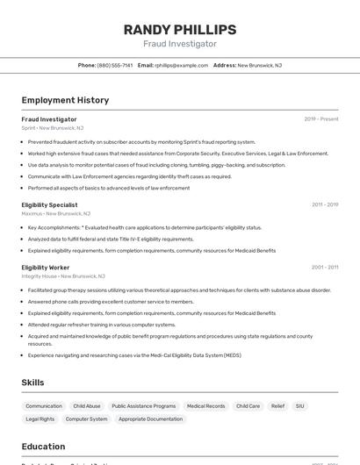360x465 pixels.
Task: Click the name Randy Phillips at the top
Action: coord(180,30)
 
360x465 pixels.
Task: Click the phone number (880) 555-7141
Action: coord(115,65)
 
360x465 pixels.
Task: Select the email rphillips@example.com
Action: coord(182,65)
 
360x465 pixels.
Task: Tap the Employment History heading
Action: coord(65,100)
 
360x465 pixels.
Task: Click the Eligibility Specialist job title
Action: coord(49,204)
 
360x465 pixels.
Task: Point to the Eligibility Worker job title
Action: coord(46,267)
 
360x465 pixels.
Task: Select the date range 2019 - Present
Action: coord(321,119)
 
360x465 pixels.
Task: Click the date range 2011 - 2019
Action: coord(325,204)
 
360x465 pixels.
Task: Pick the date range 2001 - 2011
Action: coord(325,267)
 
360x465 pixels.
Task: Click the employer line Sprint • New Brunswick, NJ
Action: coord(53,128)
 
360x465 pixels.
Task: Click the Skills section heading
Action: coord(32,383)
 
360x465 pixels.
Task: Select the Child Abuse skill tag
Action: coord(87,406)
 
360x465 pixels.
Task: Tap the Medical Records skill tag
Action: coord(205,406)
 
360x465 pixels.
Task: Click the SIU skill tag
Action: coord(300,406)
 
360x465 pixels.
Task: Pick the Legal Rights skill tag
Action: coord(40,418)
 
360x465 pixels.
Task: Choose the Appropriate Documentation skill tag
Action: coord(151,418)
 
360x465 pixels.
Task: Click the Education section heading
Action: coord(43,447)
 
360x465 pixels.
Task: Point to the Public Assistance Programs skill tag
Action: coord(144,406)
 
